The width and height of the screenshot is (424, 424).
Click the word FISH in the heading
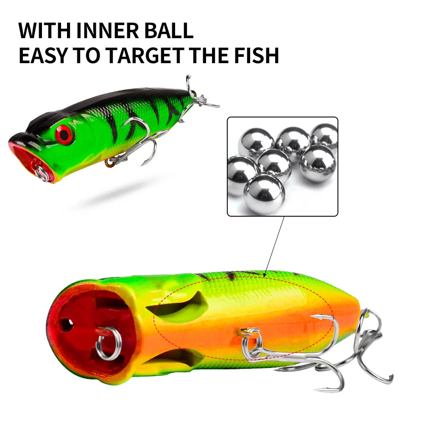(x=253, y=56)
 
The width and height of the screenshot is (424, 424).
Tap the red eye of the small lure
(x=64, y=134)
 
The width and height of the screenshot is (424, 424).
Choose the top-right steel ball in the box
(x=325, y=136)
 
